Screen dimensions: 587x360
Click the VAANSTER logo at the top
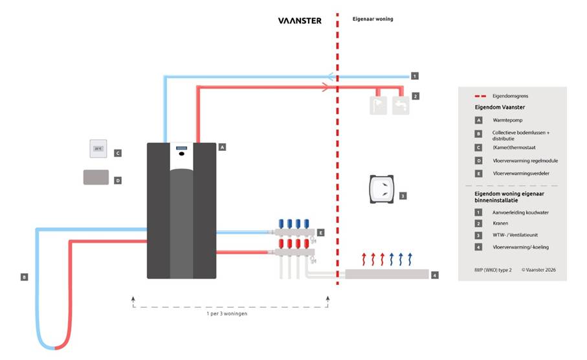pos(300,21)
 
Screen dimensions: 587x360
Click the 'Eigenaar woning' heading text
pos(373,19)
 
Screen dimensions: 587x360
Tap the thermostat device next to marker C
pos(98,148)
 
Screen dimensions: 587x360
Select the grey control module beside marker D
pos(96,177)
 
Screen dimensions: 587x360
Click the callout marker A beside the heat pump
pos(223,147)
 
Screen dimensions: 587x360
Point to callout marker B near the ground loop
pos(25,277)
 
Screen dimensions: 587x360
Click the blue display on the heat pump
pos(182,148)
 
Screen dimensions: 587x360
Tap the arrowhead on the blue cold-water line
pos(331,77)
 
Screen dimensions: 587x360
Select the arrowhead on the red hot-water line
pos(326,87)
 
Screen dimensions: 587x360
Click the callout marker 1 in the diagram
pos(415,76)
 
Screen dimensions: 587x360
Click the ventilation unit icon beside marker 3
pos(382,189)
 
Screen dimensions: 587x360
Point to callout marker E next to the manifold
pos(321,232)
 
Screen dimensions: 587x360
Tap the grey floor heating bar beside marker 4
pos(387,274)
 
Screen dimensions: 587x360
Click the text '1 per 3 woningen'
pos(227,313)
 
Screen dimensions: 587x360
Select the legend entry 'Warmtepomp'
pos(507,120)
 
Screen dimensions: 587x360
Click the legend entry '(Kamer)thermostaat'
pos(514,148)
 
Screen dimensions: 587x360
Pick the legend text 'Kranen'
pos(500,223)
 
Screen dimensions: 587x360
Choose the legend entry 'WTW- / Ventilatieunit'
pos(515,235)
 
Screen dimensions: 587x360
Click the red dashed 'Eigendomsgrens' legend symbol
pos(480,96)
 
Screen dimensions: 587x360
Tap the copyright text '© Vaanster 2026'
pos(538,270)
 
